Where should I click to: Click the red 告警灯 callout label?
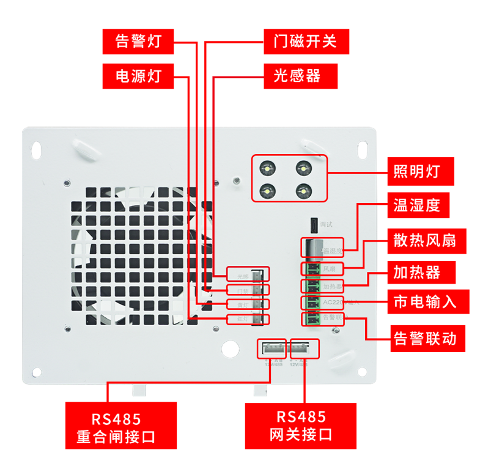138,41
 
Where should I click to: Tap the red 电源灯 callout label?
138,76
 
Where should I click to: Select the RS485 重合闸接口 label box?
121,426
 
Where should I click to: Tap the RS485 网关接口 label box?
300,426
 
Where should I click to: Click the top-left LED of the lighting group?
268,168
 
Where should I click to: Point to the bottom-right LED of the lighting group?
302,191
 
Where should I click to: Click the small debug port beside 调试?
313,225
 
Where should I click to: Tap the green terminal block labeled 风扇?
312,269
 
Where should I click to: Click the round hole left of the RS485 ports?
230,348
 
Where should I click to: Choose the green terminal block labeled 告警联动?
312,319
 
